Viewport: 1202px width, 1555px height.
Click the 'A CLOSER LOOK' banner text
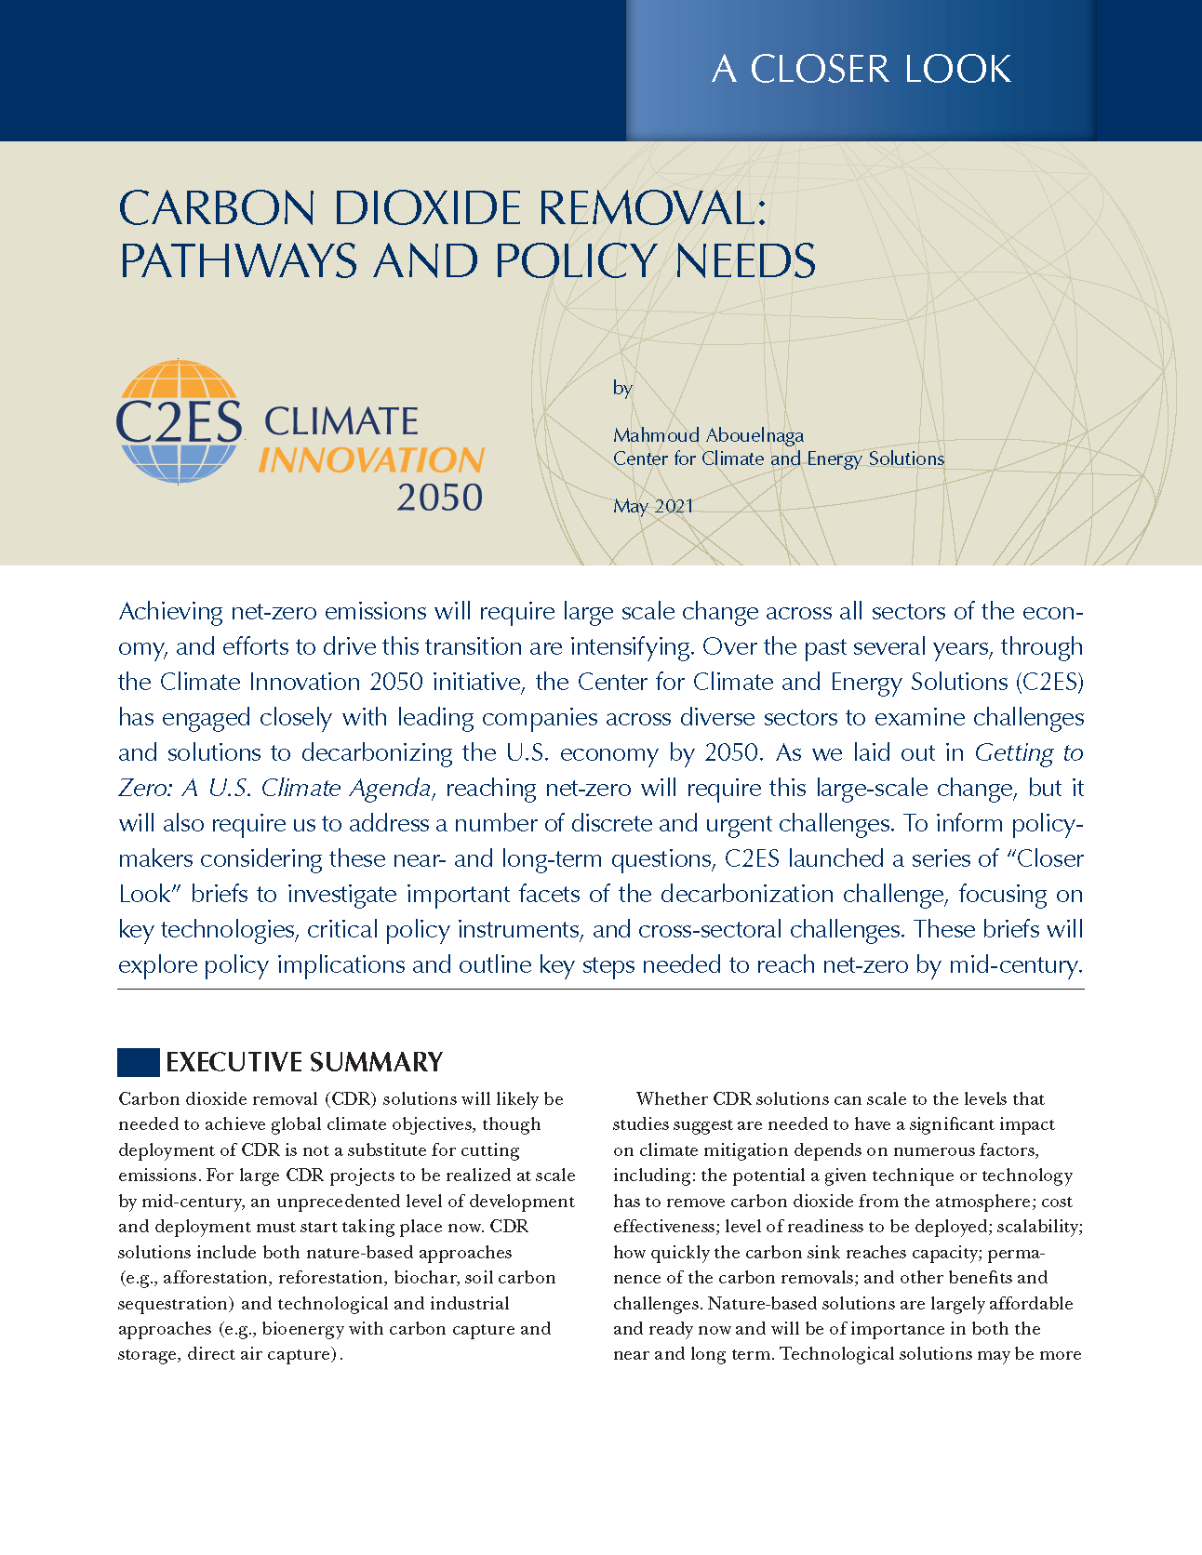click(861, 70)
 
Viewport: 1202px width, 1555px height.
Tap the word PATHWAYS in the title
click(238, 261)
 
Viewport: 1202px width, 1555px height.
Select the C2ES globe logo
click(179, 421)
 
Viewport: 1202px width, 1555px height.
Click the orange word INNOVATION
click(370, 460)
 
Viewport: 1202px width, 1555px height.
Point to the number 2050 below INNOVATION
click(439, 498)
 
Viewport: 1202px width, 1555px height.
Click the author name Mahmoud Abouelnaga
click(708, 435)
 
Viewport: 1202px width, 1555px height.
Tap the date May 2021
click(653, 506)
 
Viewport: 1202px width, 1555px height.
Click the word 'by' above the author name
click(622, 388)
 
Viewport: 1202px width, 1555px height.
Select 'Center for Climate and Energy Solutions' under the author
click(778, 459)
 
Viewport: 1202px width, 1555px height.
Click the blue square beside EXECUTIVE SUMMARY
click(138, 1062)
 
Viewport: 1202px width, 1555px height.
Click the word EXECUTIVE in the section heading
click(234, 1062)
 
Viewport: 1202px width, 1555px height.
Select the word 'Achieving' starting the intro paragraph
click(171, 612)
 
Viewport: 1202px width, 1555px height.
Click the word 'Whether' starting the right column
click(671, 1099)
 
